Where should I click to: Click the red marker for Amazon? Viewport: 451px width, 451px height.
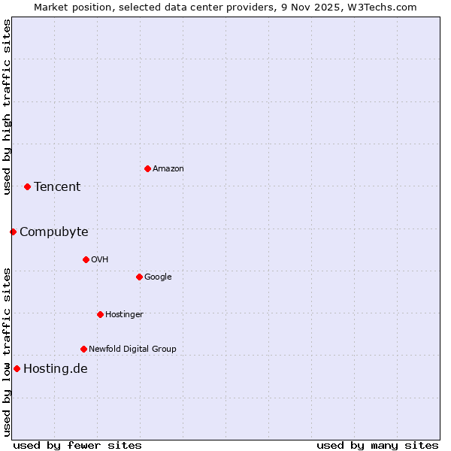(x=147, y=168)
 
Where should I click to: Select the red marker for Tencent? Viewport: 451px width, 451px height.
(x=27, y=186)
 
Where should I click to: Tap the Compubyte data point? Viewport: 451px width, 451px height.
(x=13, y=232)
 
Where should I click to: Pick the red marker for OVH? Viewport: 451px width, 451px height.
(x=86, y=259)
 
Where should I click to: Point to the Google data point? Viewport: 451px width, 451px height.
(x=139, y=277)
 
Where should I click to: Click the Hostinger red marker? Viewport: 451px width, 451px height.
(x=100, y=314)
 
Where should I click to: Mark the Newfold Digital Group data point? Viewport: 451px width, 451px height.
(x=83, y=349)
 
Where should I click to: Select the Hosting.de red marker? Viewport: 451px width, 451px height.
(x=17, y=368)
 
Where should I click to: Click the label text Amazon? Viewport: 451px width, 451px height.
(x=168, y=169)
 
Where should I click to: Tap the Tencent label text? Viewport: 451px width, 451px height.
(x=57, y=187)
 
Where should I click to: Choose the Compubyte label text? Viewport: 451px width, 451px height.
(x=54, y=232)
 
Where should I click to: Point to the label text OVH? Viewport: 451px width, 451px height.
(x=100, y=260)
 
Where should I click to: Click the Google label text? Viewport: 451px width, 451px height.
(x=158, y=277)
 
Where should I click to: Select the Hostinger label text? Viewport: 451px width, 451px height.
(x=124, y=315)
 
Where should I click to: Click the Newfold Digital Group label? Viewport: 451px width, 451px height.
(x=132, y=350)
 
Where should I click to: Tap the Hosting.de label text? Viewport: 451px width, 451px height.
(x=56, y=369)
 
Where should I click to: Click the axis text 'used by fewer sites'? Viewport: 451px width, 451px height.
(x=77, y=445)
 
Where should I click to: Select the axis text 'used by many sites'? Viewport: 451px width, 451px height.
(x=377, y=445)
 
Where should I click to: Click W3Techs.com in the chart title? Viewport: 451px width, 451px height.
(x=383, y=7)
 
